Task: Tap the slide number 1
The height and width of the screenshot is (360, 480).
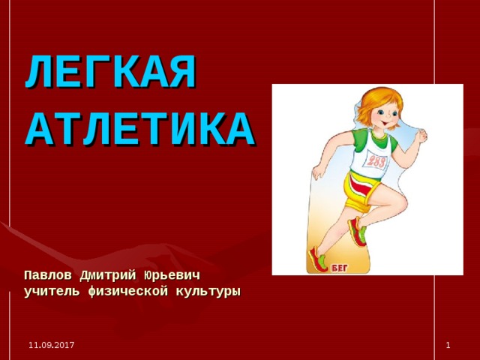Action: coord(448,343)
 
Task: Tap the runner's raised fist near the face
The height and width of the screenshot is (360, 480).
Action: coord(421,136)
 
